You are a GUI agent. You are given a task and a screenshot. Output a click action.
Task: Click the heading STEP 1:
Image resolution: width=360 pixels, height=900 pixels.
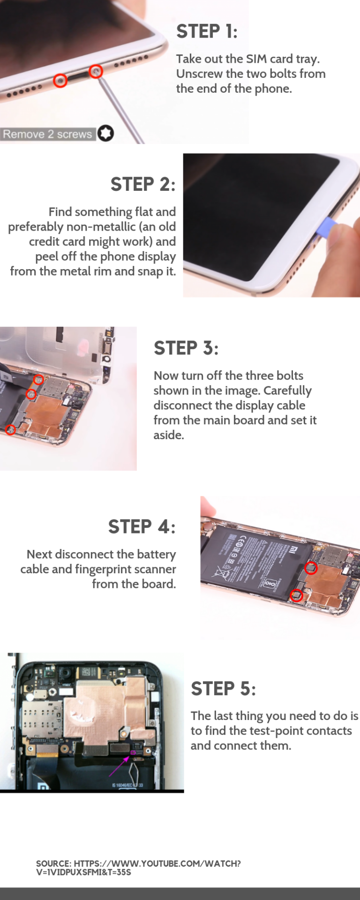coord(207,31)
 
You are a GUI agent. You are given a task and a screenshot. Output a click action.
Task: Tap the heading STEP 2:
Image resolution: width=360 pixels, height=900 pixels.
coord(143,184)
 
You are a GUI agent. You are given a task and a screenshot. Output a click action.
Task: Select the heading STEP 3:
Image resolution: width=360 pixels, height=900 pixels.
coord(186,348)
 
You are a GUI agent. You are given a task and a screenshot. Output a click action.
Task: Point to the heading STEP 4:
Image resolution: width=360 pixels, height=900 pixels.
coord(142,527)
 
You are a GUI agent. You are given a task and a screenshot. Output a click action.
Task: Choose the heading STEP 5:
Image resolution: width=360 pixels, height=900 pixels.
coord(223,689)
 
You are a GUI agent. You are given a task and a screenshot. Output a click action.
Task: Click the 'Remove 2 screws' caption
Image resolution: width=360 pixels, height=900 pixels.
coord(47,134)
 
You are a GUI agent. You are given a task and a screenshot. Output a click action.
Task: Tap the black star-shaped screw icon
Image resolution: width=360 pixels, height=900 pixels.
coord(106,134)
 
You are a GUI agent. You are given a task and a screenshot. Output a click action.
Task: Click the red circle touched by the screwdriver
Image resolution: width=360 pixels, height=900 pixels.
coord(96,71)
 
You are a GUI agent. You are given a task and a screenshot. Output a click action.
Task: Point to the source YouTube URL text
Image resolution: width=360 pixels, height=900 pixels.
coord(138,868)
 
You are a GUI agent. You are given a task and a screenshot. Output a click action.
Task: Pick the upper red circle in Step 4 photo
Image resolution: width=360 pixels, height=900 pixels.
coord(311,568)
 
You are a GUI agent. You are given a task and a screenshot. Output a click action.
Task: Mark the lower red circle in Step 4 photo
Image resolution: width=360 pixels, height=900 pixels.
coord(296,596)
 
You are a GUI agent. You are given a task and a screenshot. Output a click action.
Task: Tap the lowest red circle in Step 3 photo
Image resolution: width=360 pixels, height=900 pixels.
coord(10,429)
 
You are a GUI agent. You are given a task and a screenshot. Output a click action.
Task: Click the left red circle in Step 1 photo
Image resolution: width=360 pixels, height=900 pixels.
coord(60,81)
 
